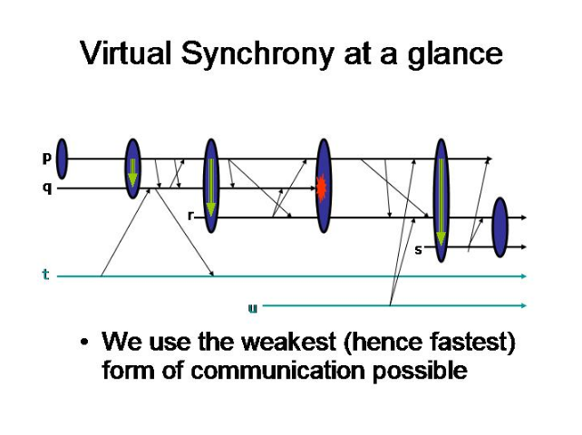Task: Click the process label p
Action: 46,159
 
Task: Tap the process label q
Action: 47,188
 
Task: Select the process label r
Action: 191,216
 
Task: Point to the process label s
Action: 418,250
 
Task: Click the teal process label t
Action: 45,275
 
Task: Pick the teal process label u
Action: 252,308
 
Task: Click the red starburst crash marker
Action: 322,188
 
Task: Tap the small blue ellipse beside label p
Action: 62,159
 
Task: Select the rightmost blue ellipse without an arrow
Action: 500,227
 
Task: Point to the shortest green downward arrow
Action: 132,172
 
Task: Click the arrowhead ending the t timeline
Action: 524,275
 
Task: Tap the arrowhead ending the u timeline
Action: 524,305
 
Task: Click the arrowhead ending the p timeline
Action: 490,159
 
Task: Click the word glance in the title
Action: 455,55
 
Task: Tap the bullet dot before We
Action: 84,342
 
